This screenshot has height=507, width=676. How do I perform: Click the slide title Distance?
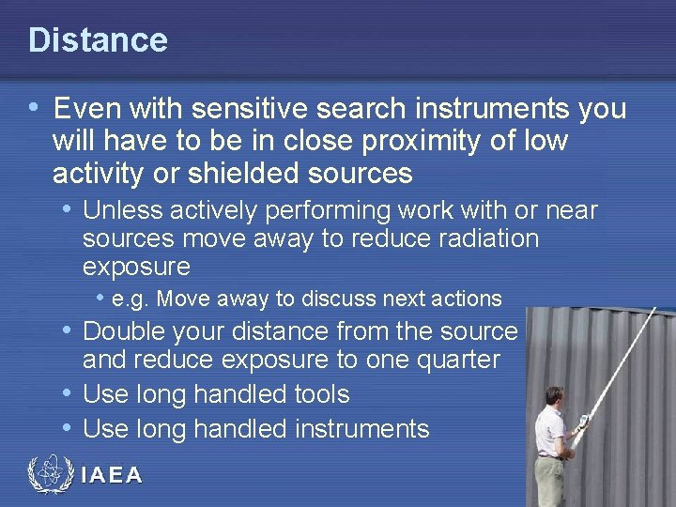98,40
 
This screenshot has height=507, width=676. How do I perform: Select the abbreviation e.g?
131,300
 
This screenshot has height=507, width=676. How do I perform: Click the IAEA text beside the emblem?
112,475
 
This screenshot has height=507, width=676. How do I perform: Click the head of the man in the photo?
555,396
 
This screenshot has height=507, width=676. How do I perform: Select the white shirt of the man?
551,430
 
